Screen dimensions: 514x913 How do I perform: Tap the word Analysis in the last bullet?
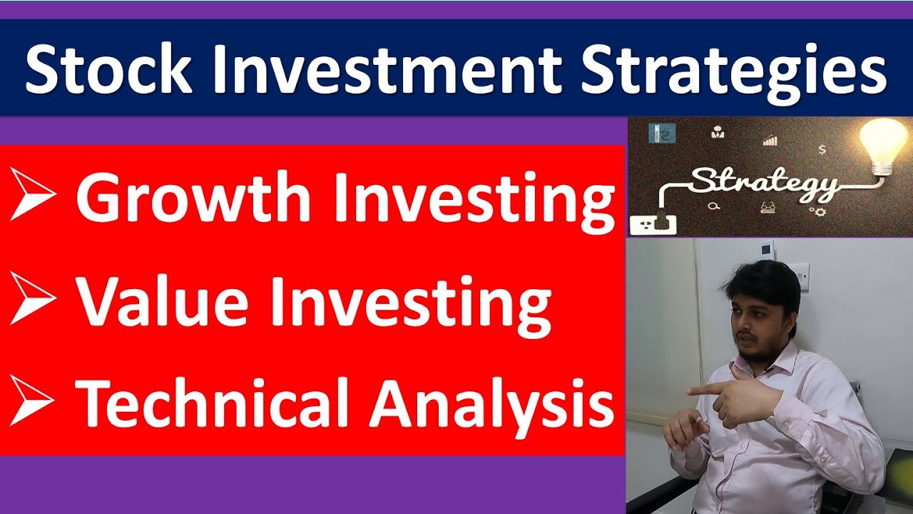[492, 403]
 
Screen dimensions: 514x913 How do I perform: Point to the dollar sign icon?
[822, 149]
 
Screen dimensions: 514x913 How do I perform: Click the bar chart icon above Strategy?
[770, 140]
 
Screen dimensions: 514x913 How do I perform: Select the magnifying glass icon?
[714, 206]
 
